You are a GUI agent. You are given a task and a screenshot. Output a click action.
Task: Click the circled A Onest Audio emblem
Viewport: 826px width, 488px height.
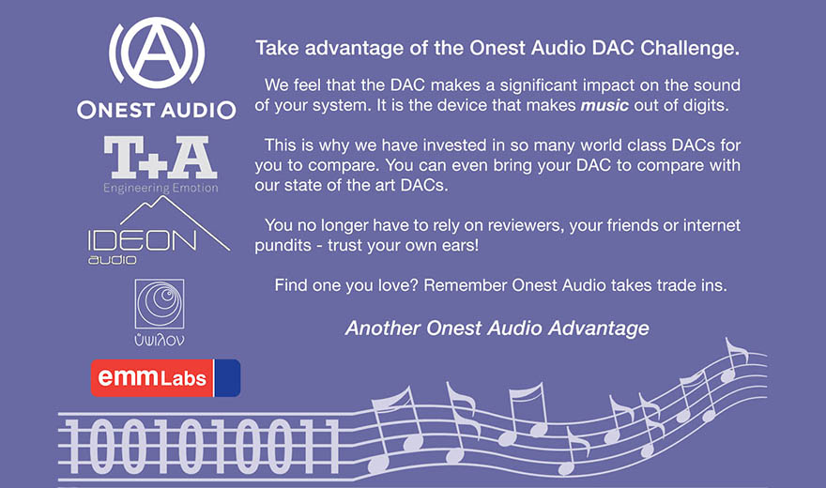pos(157,53)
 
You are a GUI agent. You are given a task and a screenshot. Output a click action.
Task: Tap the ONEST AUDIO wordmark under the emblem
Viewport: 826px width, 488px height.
pos(157,110)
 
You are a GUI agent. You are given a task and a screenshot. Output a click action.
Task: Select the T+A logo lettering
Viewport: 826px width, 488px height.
pos(161,157)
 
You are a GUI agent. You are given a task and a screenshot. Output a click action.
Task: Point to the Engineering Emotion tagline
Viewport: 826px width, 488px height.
pos(161,189)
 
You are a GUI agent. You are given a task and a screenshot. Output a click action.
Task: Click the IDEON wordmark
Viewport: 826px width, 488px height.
pos(143,241)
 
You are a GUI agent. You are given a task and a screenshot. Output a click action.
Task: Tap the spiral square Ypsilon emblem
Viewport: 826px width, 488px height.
pos(160,304)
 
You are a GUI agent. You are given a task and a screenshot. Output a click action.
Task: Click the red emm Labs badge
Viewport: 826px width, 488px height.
pos(152,378)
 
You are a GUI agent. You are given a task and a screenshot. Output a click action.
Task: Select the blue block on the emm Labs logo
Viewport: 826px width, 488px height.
pos(227,378)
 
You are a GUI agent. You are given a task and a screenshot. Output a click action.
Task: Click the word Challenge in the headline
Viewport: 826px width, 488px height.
pos(690,49)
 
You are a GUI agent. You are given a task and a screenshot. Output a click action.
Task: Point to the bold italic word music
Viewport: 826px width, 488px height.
pos(604,105)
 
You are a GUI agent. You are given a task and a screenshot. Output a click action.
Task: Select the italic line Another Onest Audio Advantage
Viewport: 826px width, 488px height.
pos(497,328)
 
